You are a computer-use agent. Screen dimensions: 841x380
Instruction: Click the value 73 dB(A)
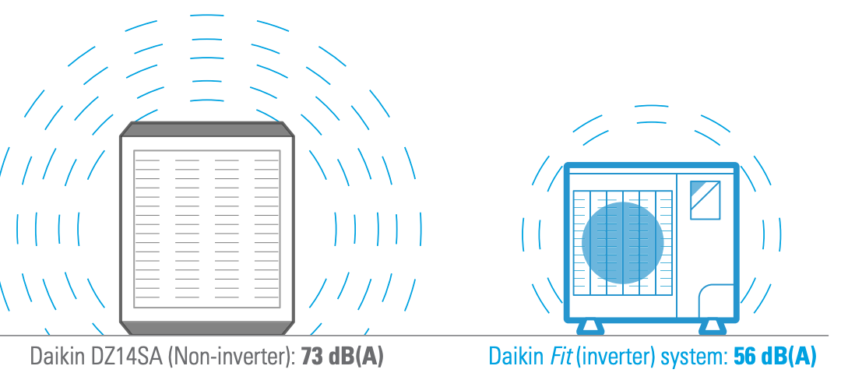tap(343, 357)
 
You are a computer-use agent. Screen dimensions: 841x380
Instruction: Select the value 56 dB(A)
tap(775, 357)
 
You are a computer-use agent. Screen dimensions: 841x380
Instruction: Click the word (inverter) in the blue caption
tap(616, 357)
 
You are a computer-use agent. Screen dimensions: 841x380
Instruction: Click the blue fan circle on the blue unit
tap(623, 243)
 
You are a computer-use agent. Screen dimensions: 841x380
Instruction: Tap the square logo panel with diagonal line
tap(705, 200)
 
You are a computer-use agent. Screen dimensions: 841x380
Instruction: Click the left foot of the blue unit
tap(590, 327)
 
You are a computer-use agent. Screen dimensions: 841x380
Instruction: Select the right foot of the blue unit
tap(713, 327)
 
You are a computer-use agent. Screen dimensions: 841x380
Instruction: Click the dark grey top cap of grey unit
tap(207, 129)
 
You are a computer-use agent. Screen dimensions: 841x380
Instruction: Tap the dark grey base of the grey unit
tap(207, 328)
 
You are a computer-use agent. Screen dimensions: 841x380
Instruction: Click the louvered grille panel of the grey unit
tap(207, 229)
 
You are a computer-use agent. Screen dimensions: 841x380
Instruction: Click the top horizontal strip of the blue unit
tap(652, 170)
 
